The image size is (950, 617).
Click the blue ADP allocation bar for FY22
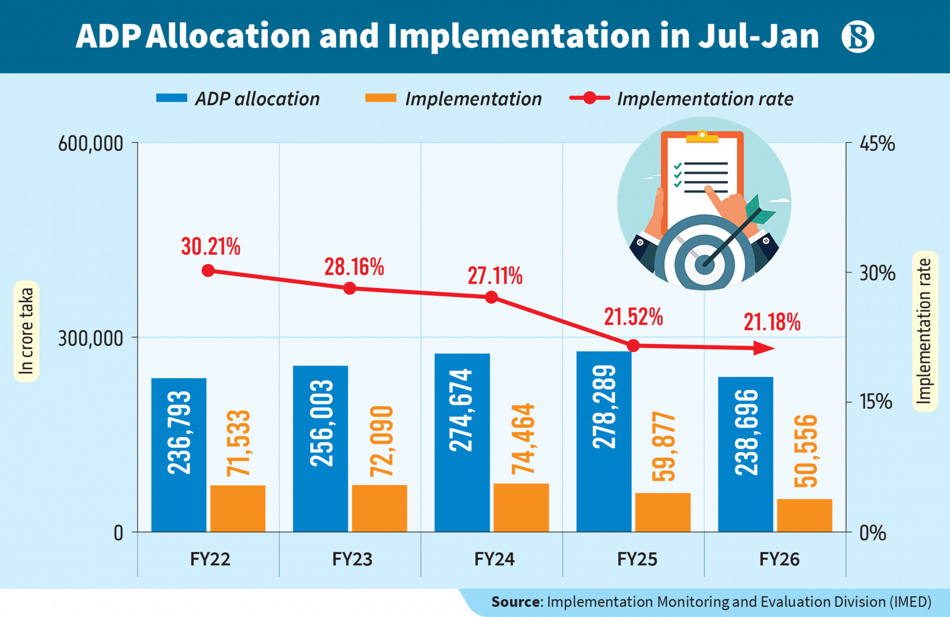[179, 454]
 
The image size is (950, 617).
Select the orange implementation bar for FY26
[805, 515]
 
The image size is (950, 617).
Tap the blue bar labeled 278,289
[604, 441]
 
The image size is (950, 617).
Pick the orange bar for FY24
[521, 508]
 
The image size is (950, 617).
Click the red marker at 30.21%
[208, 271]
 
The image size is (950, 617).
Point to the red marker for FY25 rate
[634, 346]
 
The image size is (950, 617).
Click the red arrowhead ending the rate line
[764, 348]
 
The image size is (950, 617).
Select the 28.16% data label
[354, 267]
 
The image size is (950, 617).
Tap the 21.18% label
[772, 322]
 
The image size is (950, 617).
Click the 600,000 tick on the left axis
[90, 144]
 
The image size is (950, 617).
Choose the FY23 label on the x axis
[352, 559]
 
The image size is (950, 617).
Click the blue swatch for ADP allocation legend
[172, 99]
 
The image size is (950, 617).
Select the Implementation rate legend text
[705, 99]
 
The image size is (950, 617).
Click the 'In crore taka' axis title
[26, 331]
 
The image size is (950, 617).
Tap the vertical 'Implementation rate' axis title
[924, 331]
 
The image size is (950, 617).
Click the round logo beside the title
[857, 36]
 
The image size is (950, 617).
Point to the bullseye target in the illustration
[704, 261]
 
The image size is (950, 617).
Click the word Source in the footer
[515, 602]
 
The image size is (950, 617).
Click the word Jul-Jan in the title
[758, 36]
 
